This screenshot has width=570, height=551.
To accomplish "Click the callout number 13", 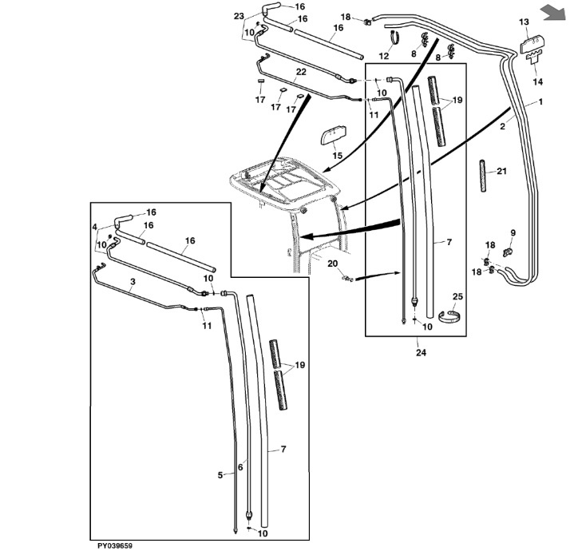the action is pyautogui.click(x=524, y=22).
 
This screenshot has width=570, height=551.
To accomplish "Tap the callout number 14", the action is pyautogui.click(x=537, y=81).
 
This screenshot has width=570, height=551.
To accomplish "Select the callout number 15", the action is pyautogui.click(x=338, y=156).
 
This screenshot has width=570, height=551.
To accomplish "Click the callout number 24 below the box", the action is pyautogui.click(x=421, y=352).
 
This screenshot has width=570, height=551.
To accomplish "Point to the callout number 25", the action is pyautogui.click(x=457, y=297).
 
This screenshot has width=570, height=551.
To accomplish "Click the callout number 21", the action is pyautogui.click(x=501, y=171).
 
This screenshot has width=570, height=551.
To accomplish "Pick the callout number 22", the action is pyautogui.click(x=301, y=72).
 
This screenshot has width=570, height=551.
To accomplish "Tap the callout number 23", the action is pyautogui.click(x=239, y=16).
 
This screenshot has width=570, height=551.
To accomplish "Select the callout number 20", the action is pyautogui.click(x=333, y=264).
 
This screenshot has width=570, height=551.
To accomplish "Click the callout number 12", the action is pyautogui.click(x=384, y=56).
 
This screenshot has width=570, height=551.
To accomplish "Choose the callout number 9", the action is pyautogui.click(x=513, y=232).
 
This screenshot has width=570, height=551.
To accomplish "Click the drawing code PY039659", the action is pyautogui.click(x=115, y=545).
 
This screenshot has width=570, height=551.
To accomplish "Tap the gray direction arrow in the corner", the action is pyautogui.click(x=553, y=13).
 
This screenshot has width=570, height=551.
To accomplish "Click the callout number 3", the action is pyautogui.click(x=133, y=282).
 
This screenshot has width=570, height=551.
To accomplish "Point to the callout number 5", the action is pyautogui.click(x=220, y=475).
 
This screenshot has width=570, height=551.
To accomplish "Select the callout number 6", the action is pyautogui.click(x=240, y=467).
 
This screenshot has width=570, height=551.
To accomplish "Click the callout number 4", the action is pyautogui.click(x=94, y=228).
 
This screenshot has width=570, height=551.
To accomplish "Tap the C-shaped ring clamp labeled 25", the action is pyautogui.click(x=449, y=315).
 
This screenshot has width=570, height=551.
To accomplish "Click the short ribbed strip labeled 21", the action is pyautogui.click(x=483, y=176).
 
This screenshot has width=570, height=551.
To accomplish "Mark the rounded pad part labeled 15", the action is pyautogui.click(x=333, y=135).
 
